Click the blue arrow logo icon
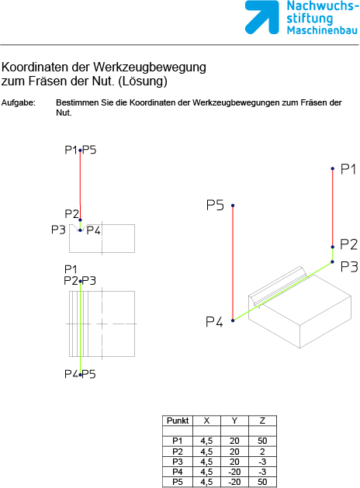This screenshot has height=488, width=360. tap(261, 17)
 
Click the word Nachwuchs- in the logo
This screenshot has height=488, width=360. tap(320, 6)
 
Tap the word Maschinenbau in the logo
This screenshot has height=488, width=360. tap(322, 30)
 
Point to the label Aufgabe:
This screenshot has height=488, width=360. tap(19, 103)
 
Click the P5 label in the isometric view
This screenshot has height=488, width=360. tap(215, 206)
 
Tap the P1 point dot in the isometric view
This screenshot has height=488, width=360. tap(333, 168)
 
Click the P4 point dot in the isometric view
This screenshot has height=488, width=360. tap(233, 320)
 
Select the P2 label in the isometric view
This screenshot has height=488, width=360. tap(349, 244)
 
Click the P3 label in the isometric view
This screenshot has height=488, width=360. tap(349, 267)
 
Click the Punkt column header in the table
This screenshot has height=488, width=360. tap(178, 421)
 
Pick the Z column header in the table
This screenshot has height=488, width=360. tap(262, 421)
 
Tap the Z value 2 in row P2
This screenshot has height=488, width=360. tap(262, 452)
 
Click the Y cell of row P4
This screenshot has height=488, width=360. tap(234, 472)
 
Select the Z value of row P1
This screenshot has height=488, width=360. tap(262, 441)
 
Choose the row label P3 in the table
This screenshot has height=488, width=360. tap(178, 462)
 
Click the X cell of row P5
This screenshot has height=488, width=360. tap(206, 482)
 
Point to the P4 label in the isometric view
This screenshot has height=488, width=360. tap(214, 322)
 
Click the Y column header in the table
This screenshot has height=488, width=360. tap(234, 421)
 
